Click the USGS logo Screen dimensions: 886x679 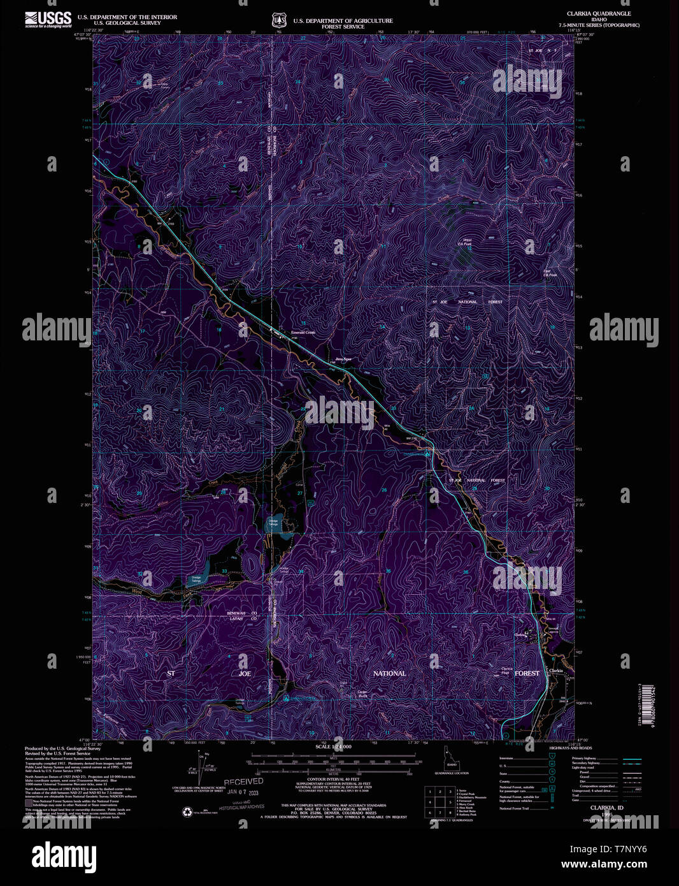click(x=48, y=19)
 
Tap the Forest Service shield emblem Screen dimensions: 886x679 click(x=278, y=20)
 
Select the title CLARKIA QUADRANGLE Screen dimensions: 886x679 click(x=599, y=13)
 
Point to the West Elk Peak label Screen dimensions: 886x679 click(x=466, y=242)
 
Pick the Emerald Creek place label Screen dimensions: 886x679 click(x=303, y=333)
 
